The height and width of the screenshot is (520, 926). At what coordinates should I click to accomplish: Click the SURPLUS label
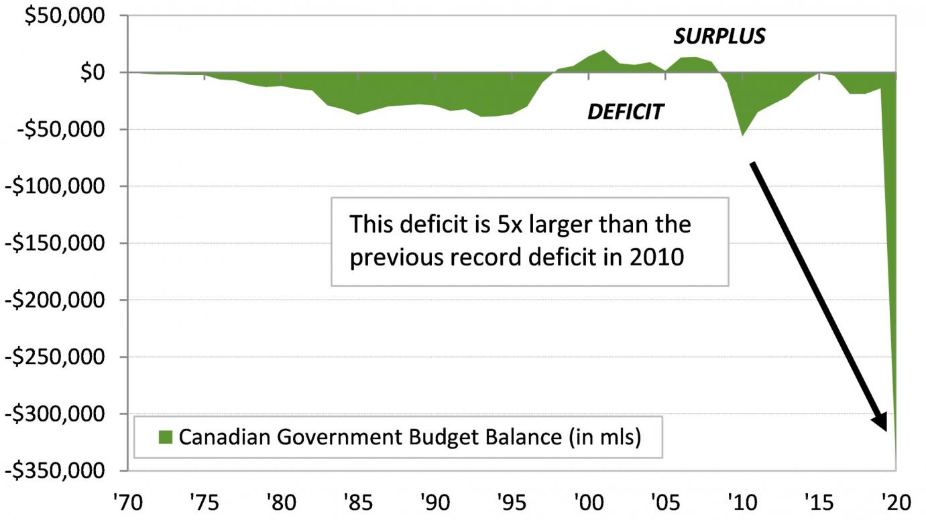[x=719, y=36]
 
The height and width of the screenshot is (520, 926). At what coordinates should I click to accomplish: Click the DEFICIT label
[x=625, y=112]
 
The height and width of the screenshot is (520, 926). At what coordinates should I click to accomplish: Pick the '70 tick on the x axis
[x=129, y=503]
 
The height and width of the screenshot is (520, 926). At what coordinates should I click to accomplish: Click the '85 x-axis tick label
[x=359, y=503]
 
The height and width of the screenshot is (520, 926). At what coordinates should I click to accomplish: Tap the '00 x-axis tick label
[x=588, y=503]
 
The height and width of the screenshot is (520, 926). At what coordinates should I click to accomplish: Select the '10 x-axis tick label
[x=742, y=503]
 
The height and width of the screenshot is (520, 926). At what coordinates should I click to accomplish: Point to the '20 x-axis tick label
[x=894, y=503]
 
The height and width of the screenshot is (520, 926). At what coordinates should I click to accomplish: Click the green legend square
[x=166, y=438]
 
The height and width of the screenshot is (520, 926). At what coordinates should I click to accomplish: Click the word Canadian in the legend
[x=221, y=437]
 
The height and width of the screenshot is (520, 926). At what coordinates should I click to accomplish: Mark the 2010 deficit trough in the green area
[x=742, y=134]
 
